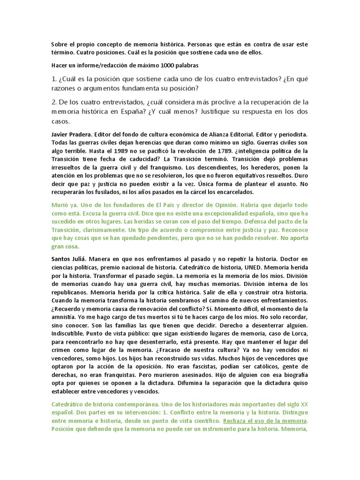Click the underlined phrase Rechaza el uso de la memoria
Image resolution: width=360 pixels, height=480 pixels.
click(265, 420)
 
